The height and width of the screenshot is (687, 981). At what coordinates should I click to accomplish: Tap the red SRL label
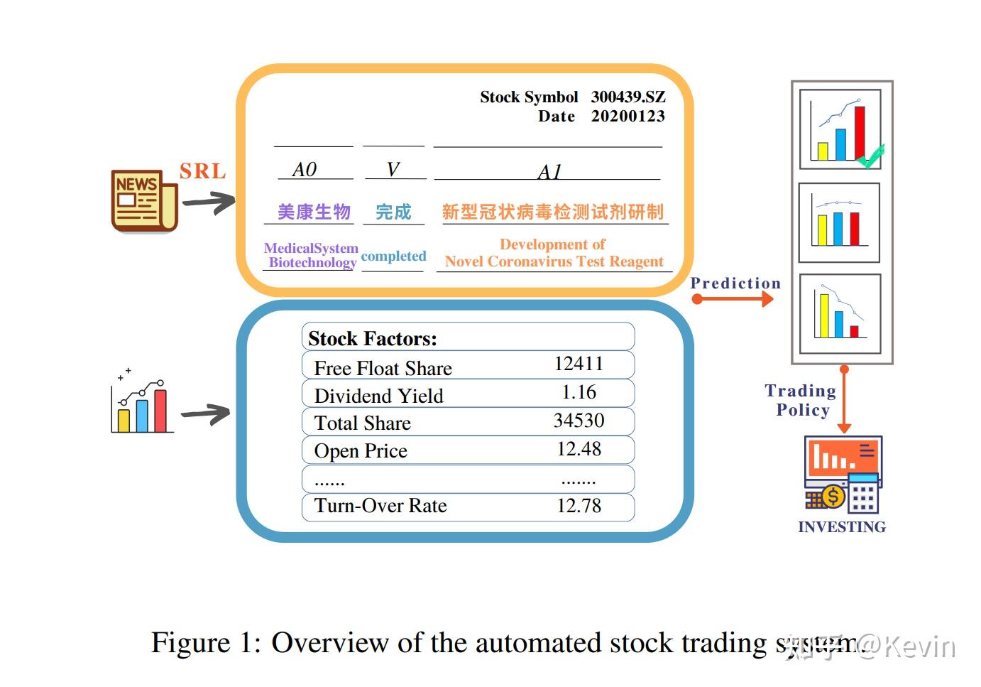point(202,171)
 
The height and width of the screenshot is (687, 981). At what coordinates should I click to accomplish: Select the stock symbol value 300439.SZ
point(627,97)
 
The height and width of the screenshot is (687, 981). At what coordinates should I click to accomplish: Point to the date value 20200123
point(627,117)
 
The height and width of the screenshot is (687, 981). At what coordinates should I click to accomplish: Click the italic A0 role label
point(305,170)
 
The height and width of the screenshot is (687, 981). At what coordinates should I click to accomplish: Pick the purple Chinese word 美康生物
point(314,212)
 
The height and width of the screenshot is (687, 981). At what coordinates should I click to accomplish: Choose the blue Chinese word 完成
point(393,212)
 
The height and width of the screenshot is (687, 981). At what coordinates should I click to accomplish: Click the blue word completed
point(393,256)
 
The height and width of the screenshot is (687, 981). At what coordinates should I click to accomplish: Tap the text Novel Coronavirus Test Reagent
point(554,261)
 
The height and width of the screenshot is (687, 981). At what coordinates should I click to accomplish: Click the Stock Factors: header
point(373,339)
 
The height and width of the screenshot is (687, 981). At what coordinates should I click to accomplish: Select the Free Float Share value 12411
point(579,364)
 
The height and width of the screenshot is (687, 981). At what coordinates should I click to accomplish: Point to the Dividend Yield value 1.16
point(579,392)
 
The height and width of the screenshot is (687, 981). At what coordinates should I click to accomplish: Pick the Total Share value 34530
point(579,421)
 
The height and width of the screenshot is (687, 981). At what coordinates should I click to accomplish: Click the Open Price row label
point(361,451)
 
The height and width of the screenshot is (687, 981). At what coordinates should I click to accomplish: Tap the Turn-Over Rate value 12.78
point(579,506)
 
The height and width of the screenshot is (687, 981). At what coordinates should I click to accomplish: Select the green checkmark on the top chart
point(871,156)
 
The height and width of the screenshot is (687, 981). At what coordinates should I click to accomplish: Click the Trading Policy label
point(801,400)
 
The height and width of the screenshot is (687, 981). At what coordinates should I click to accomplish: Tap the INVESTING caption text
point(841,527)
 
